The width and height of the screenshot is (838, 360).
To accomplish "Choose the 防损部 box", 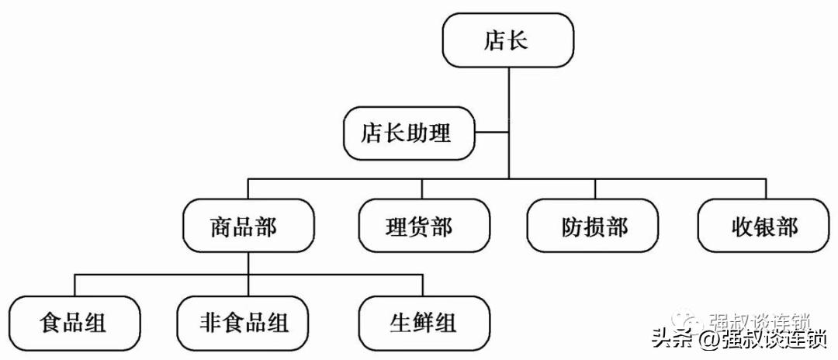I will pos(594,226).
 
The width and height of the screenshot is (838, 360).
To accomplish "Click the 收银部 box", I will pos(764,226).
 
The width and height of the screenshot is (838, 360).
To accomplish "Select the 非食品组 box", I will pos(243,320).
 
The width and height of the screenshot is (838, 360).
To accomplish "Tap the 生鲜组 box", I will pos(424,320).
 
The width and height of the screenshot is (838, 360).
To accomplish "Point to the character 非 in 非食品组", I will pos(209,320).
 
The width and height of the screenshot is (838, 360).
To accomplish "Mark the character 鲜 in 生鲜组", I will pos(424,320).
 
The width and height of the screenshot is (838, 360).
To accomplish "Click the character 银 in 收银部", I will pos(764,226).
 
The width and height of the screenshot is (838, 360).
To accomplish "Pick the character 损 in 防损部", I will pos(594,226).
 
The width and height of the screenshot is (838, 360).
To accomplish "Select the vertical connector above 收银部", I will pos(766,189).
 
